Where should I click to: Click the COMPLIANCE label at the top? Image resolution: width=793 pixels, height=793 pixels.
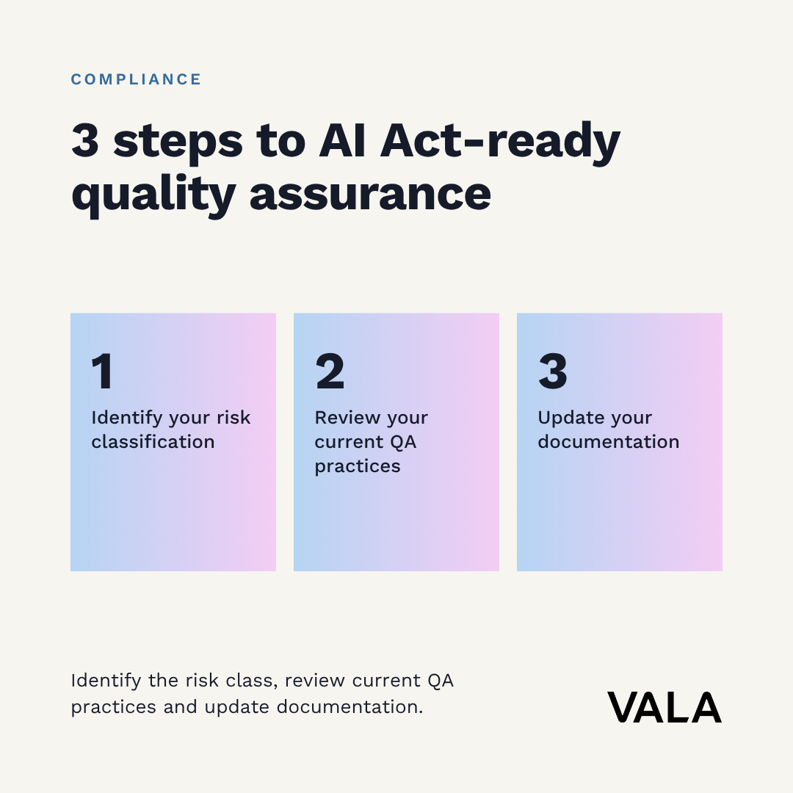click(136, 79)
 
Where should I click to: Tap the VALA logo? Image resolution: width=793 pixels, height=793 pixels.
click(664, 708)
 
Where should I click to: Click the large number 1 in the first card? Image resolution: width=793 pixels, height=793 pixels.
click(102, 372)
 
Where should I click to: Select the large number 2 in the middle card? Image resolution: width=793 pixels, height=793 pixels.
click(330, 372)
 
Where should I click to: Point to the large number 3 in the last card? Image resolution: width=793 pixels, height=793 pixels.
click(553, 372)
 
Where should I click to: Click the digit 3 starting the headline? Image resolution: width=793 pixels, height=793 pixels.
click(85, 140)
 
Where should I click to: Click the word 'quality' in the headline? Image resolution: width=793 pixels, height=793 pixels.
click(153, 196)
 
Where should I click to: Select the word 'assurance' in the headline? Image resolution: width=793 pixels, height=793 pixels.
click(370, 194)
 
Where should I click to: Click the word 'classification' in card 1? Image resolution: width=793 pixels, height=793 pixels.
click(153, 441)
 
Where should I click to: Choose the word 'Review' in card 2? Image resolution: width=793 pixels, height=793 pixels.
click(347, 417)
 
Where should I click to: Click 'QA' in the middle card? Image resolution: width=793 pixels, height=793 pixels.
click(403, 442)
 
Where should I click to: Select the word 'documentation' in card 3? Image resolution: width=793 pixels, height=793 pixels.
click(609, 441)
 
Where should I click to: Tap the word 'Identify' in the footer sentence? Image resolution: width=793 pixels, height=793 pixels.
click(106, 681)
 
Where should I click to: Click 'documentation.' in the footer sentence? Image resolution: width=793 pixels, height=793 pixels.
click(350, 706)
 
